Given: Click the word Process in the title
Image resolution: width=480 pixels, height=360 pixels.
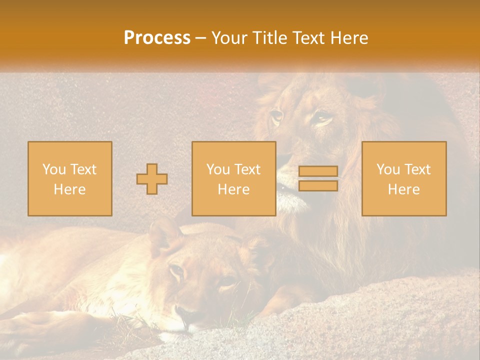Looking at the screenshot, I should point(157,38).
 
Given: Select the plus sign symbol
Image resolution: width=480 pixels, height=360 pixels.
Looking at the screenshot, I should point(152,178).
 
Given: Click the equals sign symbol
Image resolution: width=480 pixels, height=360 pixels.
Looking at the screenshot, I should point(318,178).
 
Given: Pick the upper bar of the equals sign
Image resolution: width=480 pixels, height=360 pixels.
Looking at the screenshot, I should point(318,171).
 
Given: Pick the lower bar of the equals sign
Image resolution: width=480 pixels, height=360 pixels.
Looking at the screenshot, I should point(318,186).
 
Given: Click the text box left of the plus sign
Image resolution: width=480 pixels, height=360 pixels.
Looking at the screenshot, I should point(69,178).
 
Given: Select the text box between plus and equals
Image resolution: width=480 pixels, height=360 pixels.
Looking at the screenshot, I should point(233,178).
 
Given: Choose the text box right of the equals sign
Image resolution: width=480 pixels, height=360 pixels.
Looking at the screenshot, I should point(403,178).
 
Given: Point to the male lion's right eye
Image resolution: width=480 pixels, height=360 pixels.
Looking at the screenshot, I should point(276,116).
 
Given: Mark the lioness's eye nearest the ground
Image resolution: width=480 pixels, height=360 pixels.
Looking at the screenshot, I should point(226,283).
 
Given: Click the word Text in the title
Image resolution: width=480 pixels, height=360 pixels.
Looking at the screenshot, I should point(307,38).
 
